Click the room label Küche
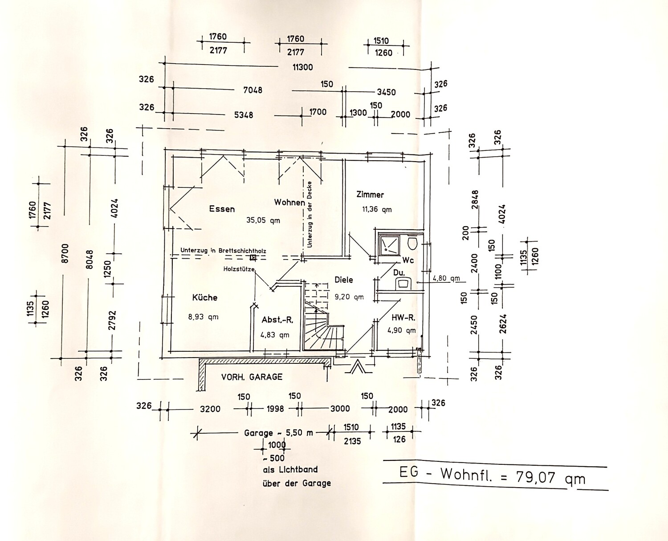coord(205,297)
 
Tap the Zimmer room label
coord(370,195)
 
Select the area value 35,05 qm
coord(263,220)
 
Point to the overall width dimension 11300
coord(303,67)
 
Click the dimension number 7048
coord(253,90)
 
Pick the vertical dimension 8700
coord(65,253)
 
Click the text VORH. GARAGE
coord(252,377)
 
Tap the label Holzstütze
coord(239,269)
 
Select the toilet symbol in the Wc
coord(412,244)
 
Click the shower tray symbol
coord(389,246)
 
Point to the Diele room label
coord(344,280)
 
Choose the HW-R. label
coord(403,318)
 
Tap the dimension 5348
coord(244,115)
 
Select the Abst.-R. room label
coord(277,320)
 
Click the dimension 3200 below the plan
coord(210,409)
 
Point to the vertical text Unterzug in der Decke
coord(310,215)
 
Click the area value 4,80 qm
coord(446,278)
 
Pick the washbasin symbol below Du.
coord(403,283)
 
